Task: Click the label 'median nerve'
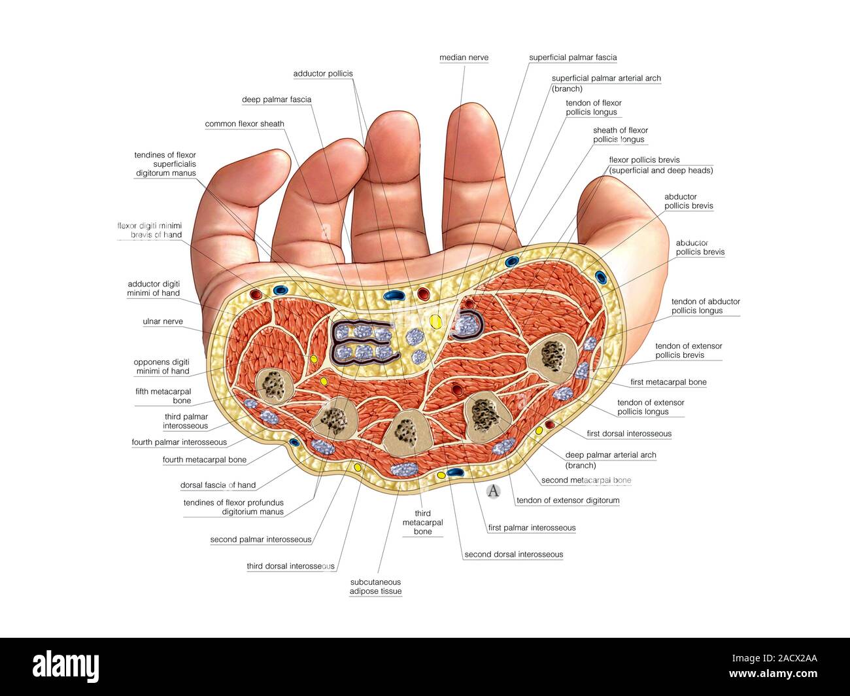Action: coord(464,58)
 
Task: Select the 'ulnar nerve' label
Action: coord(163,322)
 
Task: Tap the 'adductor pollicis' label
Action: coord(322,74)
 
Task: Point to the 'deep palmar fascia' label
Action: coord(277,99)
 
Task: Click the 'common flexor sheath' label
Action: coord(245,124)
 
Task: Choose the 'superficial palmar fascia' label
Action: coord(573,58)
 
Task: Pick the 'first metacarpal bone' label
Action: coord(668,382)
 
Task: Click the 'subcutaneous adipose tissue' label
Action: coord(375,587)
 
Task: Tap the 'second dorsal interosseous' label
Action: coord(513,555)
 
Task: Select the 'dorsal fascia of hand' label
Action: coord(218,485)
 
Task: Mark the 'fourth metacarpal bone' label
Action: coord(205,460)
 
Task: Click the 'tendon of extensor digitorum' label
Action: coord(568,500)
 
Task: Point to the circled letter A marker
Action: coord(493,491)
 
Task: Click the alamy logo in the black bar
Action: coord(66,666)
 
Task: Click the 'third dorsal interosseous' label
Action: coord(290,566)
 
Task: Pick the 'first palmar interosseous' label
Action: coord(532,528)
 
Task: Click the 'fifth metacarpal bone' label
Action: coord(163,396)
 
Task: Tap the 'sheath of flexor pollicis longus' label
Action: coord(620,135)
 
